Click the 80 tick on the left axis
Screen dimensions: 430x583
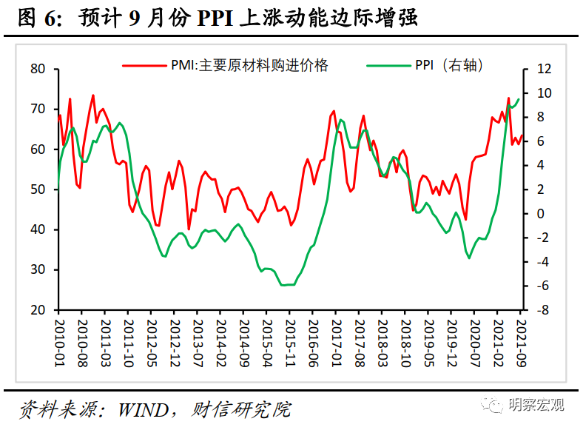tap(38, 69)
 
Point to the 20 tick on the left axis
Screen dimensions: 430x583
tap(38, 310)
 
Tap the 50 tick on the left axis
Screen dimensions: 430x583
tap(38, 189)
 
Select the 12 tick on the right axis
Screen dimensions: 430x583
tap(544, 69)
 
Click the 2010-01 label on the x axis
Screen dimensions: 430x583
tap(59, 338)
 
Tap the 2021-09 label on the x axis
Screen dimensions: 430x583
tap(522, 338)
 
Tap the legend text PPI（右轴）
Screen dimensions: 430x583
tap(449, 66)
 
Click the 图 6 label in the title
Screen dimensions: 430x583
tap(36, 18)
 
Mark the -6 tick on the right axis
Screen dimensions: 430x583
tap(542, 286)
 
